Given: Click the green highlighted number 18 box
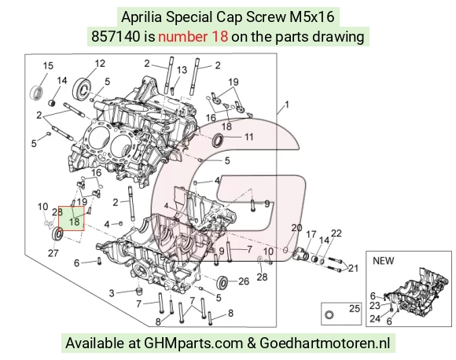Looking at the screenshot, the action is click(72, 219).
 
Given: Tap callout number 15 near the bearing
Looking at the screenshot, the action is click(48, 66).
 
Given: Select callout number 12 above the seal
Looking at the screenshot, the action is click(100, 64).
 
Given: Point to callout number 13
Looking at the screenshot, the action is click(182, 70).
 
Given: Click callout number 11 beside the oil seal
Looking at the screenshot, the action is click(248, 137).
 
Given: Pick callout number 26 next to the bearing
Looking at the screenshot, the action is click(244, 281).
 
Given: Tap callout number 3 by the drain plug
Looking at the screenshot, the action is click(112, 293).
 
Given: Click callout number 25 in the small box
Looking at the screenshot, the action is click(355, 309).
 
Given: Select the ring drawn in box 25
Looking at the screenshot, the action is click(329, 314).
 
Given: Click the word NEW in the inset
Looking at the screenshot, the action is click(384, 261).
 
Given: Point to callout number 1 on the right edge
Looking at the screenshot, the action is click(287, 105).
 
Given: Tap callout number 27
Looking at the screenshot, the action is click(53, 253).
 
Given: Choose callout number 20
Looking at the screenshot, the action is click(296, 228).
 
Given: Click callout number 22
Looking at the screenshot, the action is click(336, 233).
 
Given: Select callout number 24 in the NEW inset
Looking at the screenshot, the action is click(375, 318).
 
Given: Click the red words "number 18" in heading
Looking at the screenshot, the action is click(193, 37).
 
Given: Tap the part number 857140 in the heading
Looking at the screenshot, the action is click(116, 37).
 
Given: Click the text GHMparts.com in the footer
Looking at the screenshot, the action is click(193, 343).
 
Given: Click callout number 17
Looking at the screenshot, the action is click(311, 235).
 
